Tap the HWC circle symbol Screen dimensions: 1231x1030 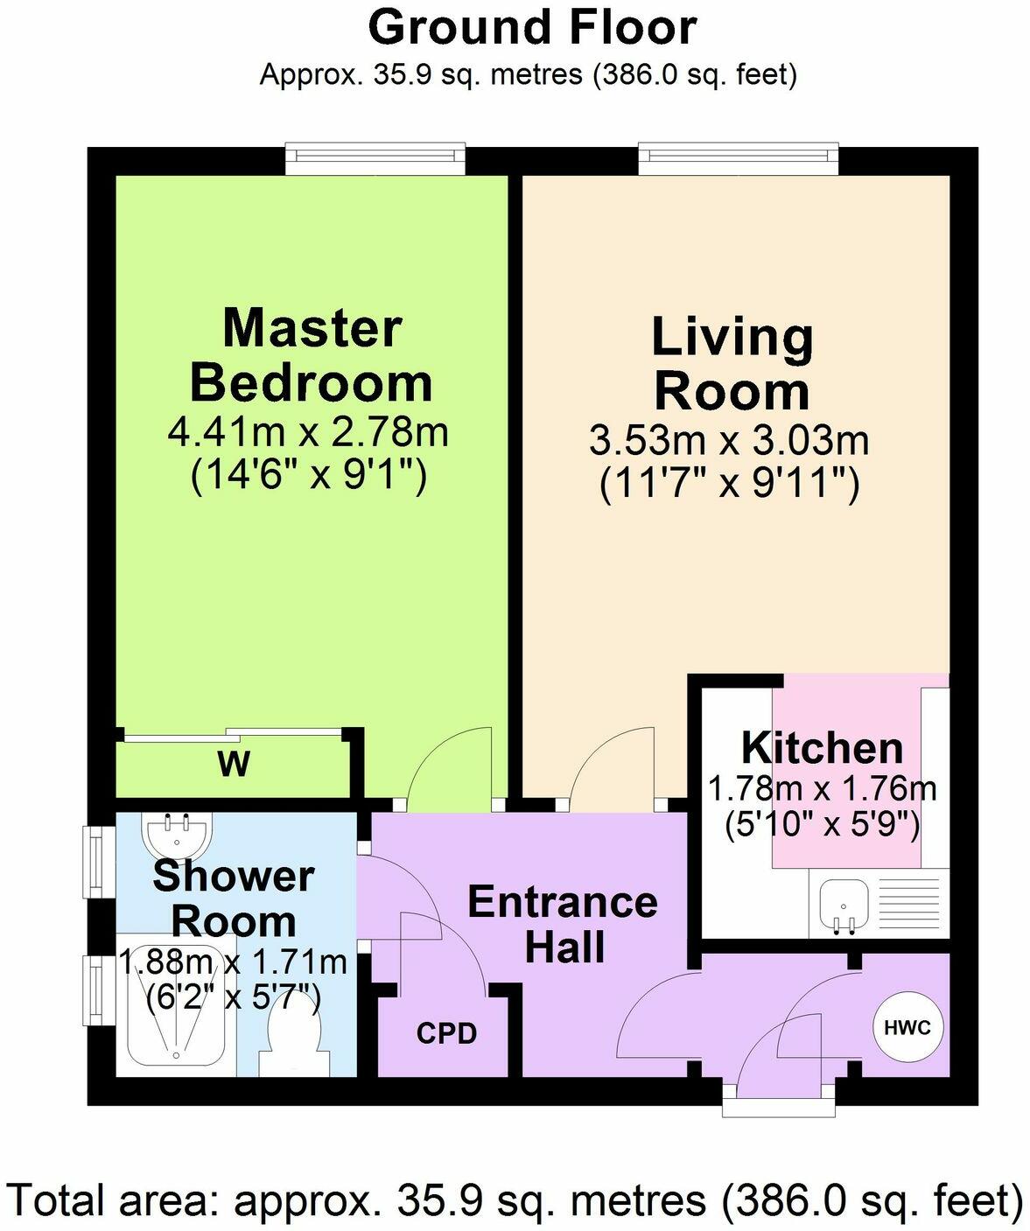pos(907,1027)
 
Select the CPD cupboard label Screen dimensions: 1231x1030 pos(446,1033)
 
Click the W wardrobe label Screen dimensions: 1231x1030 pos(234,764)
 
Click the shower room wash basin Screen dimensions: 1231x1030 pos(177,836)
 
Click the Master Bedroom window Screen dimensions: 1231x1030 pos(375,156)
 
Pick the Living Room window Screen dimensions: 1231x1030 pos(738,156)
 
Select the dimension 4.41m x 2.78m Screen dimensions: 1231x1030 pos(308,433)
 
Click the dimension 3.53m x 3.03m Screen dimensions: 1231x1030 pos(729,440)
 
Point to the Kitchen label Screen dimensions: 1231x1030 pos(822,748)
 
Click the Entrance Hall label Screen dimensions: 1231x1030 pos(563,924)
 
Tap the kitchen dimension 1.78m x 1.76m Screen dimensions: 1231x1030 pos(822,789)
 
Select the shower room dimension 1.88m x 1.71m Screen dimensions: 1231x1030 pos(233,962)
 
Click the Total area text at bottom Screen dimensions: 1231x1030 pos(515,1200)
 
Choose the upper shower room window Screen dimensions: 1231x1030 pos(94,861)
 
